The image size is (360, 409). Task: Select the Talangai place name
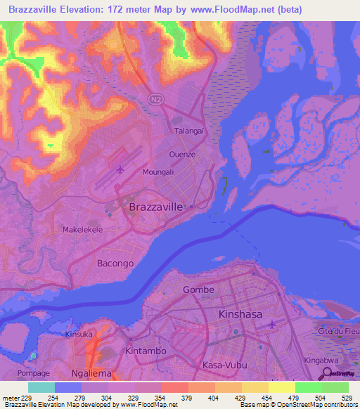click(x=188, y=131)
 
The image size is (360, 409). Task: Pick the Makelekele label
click(x=83, y=230)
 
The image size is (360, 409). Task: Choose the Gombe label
click(x=198, y=290)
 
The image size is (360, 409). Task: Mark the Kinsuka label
click(x=79, y=335)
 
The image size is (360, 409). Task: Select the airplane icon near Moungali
click(x=120, y=169)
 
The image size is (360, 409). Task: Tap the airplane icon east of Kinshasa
click(x=273, y=324)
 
